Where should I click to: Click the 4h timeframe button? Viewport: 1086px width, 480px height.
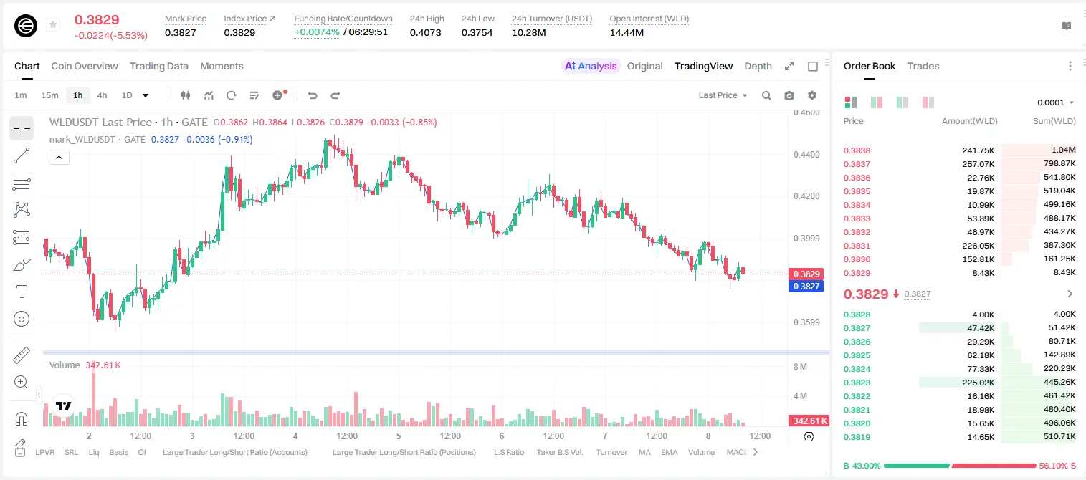(102, 95)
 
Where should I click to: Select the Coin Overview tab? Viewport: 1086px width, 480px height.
(85, 66)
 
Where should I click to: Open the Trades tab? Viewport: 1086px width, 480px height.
(923, 66)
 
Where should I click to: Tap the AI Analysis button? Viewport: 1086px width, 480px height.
(591, 66)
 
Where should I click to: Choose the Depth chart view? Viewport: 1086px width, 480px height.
(758, 66)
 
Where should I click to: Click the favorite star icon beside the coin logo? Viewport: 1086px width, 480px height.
(53, 24)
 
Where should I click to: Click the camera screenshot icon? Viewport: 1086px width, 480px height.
(789, 95)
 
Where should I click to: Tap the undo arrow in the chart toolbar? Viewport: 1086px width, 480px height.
(313, 95)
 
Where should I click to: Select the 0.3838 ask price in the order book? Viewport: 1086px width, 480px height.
(857, 150)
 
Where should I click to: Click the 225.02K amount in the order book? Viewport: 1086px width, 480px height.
(978, 383)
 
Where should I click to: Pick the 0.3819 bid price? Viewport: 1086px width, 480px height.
(857, 437)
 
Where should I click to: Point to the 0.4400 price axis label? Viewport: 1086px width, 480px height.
(806, 155)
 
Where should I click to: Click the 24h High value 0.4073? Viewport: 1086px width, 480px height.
(425, 32)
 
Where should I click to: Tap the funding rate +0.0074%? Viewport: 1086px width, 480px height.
(317, 32)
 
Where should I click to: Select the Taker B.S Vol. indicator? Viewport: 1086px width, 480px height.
(559, 452)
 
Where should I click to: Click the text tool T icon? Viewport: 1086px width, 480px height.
(22, 292)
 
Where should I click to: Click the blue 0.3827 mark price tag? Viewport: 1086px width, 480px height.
(806, 287)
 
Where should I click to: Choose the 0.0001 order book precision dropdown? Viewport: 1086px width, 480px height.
(1055, 102)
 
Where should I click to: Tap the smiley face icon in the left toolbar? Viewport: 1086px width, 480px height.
(22, 319)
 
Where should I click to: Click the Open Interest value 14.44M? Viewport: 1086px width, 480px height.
(627, 32)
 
